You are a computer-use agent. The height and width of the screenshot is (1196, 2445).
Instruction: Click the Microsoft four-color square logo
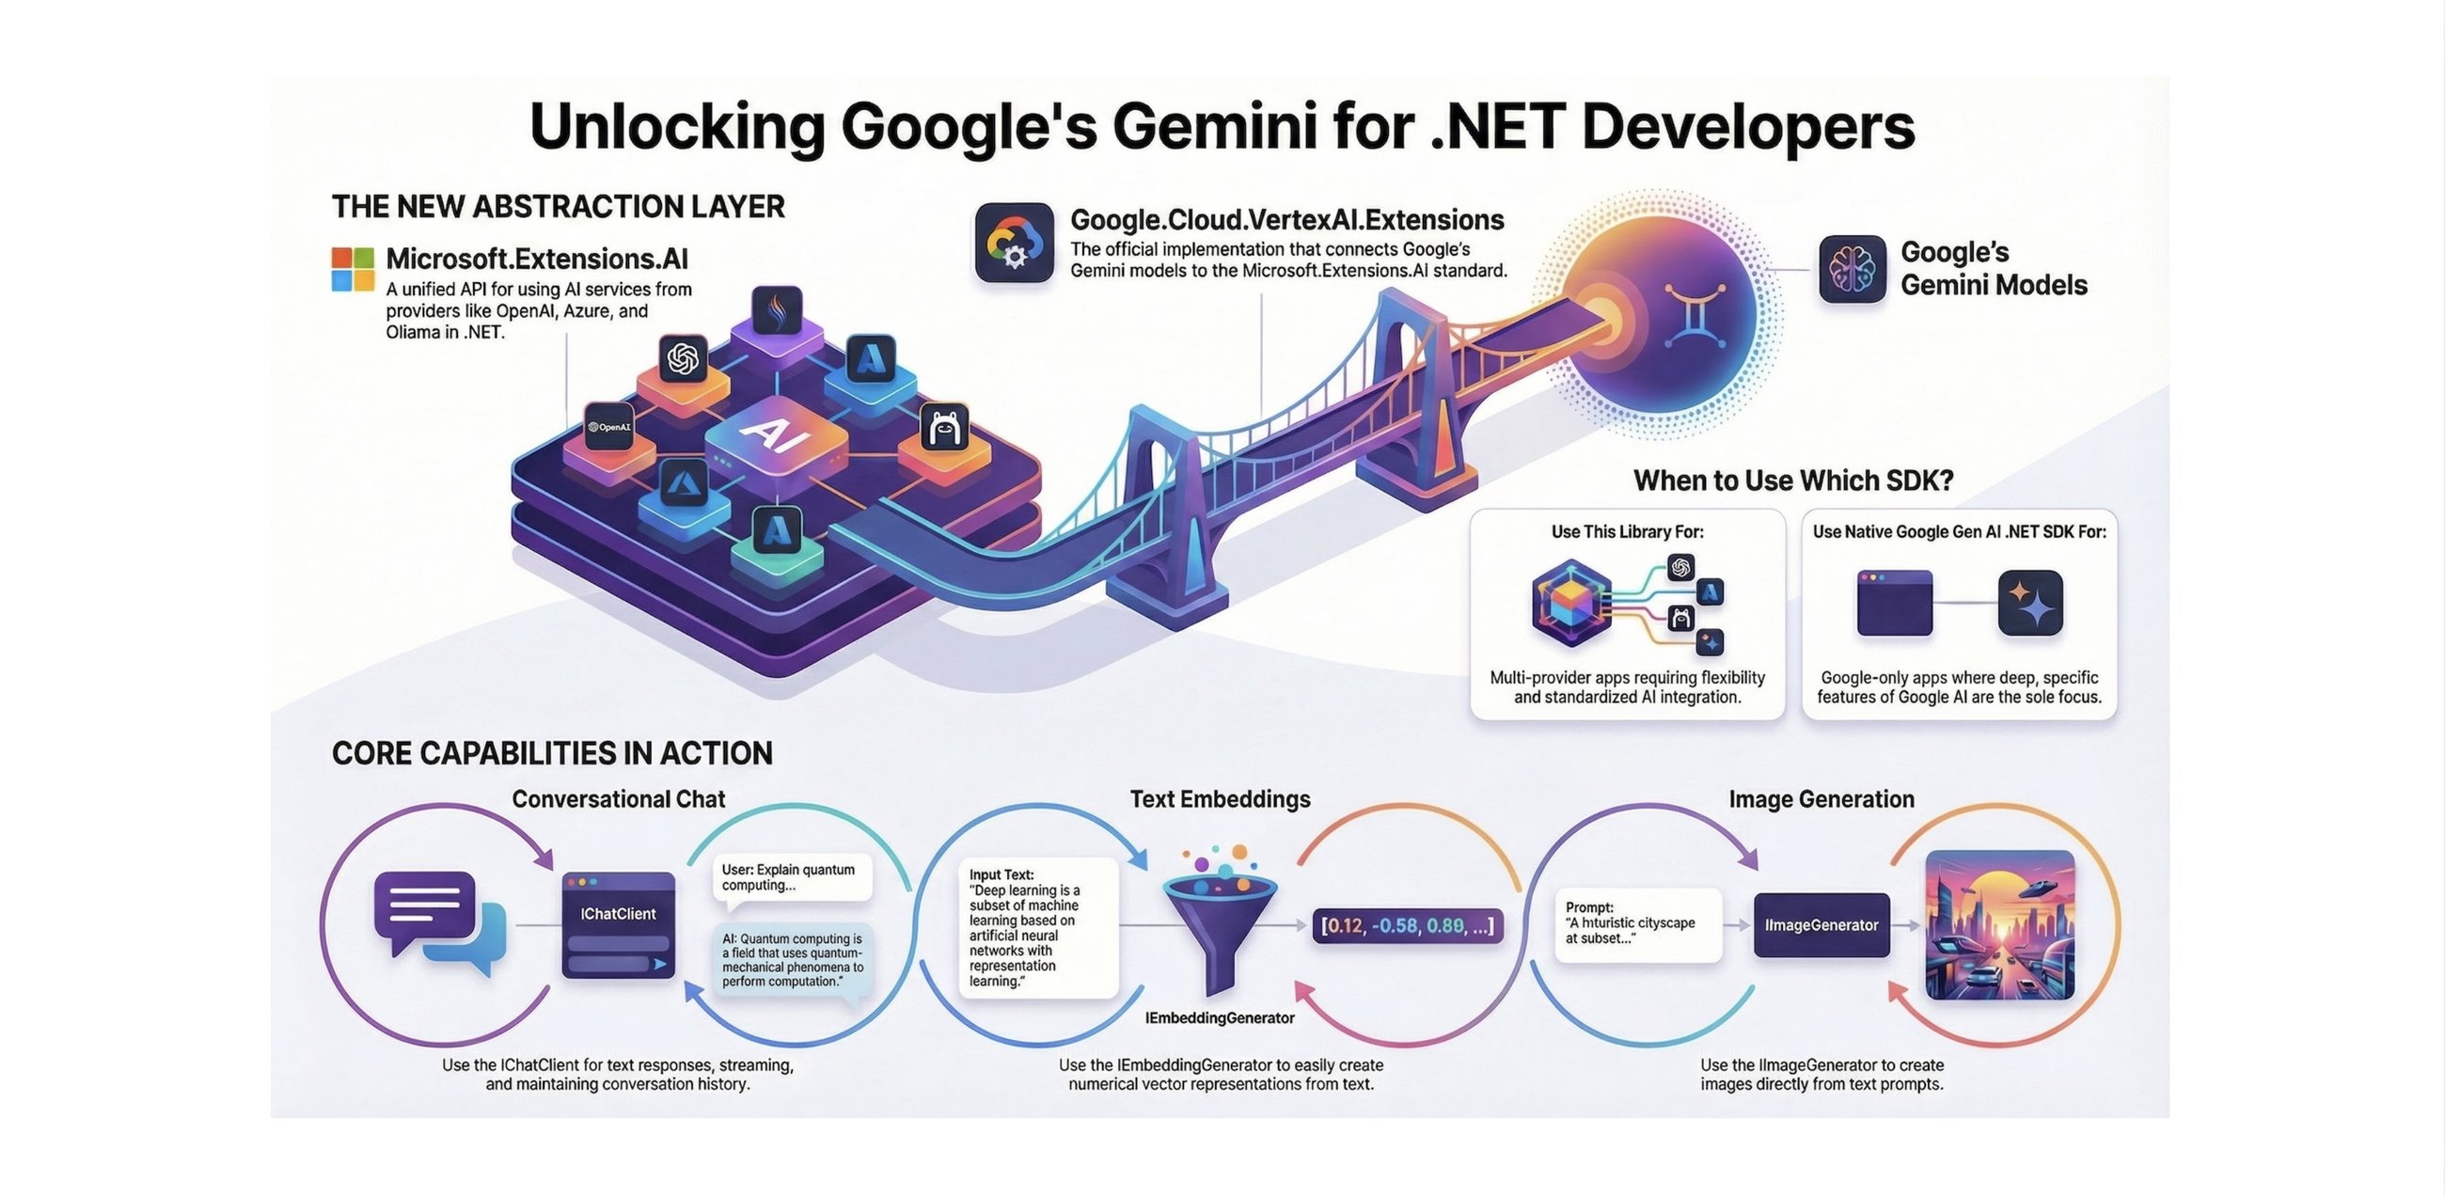click(x=352, y=269)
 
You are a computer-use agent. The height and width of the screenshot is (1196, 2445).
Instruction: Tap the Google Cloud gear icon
click(x=1014, y=243)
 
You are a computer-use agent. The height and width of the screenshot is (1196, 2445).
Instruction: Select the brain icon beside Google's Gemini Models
click(x=1852, y=269)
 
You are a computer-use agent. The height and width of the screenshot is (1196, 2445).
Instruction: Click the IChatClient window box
click(x=618, y=924)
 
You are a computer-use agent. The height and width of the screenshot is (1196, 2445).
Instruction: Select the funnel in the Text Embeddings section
click(x=1220, y=921)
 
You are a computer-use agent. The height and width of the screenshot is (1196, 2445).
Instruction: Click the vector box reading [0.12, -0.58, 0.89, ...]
click(x=1407, y=925)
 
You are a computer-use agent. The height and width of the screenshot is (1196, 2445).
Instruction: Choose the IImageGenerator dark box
click(x=1821, y=924)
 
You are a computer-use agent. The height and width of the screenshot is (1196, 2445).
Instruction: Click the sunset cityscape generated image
click(x=1999, y=924)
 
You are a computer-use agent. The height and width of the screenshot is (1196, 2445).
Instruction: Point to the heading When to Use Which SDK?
click(x=1793, y=480)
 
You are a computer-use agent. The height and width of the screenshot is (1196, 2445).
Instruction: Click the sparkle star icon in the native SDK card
click(x=2029, y=602)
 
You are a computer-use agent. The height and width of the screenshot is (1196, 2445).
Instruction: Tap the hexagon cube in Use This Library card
click(x=1570, y=603)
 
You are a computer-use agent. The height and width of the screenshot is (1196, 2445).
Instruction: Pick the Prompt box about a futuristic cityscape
click(x=1637, y=923)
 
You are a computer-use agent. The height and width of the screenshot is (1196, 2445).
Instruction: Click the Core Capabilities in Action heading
click(x=551, y=753)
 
